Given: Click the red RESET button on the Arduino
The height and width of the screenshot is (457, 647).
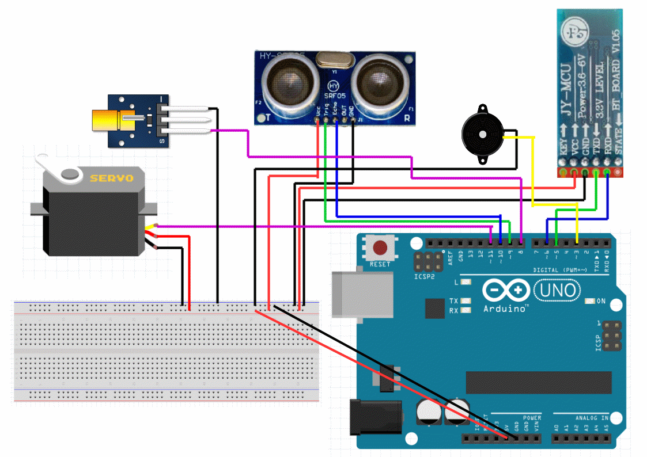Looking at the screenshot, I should coord(380,248).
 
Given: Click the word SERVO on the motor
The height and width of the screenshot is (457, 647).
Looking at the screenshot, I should coord(111,178).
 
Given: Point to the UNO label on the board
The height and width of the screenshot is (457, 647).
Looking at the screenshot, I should coord(557,290).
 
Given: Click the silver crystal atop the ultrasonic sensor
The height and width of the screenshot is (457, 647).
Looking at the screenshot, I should coord(332,58).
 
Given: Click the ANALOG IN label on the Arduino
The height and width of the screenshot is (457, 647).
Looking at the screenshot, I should coord(588,417).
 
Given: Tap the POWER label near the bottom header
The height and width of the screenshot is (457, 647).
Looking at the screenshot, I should coord(531,417).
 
